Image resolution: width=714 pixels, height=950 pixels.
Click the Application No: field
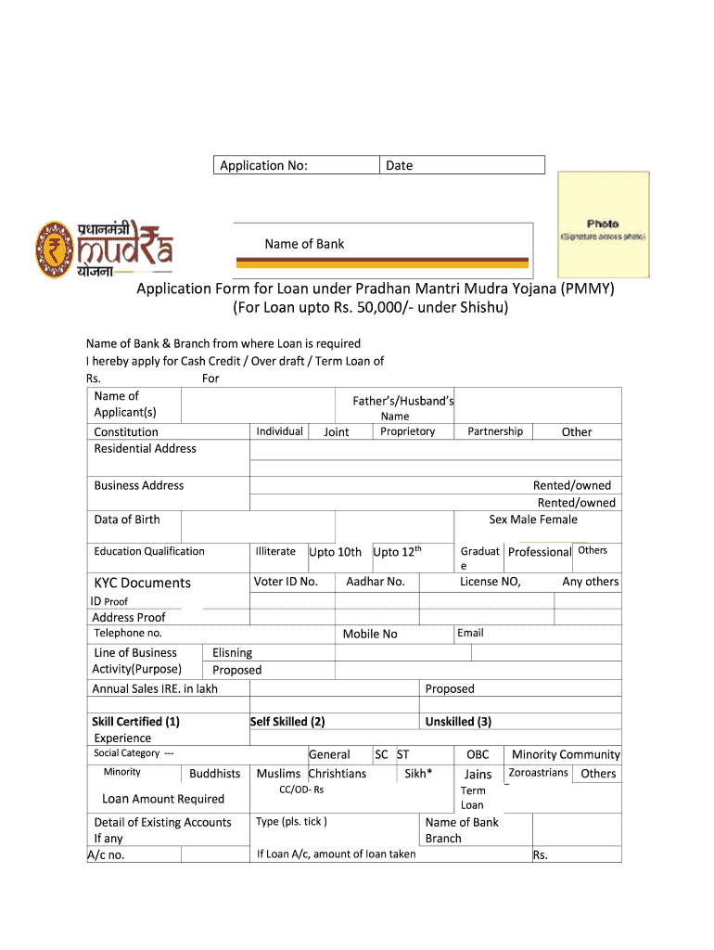tap(297, 165)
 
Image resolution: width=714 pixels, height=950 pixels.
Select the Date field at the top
tap(462, 165)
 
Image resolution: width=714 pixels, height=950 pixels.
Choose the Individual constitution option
tap(279, 431)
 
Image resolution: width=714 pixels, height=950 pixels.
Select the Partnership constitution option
tap(495, 431)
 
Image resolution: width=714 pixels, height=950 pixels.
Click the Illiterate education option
tap(275, 551)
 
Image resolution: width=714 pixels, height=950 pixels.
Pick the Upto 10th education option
tap(335, 552)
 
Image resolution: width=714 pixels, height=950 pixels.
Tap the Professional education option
tap(539, 552)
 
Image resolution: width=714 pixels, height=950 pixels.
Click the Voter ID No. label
tap(286, 582)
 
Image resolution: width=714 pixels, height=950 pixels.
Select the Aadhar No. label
tap(376, 582)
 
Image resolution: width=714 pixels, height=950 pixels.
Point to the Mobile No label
tap(370, 634)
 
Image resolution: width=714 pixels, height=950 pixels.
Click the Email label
tap(470, 633)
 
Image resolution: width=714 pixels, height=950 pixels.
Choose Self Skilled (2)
tap(287, 721)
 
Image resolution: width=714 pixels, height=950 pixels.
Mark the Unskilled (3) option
tap(458, 721)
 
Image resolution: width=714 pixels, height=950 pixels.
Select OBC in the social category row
tap(478, 754)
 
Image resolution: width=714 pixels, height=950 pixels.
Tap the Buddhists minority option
tap(215, 773)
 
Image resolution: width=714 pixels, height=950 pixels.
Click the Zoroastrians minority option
tap(539, 773)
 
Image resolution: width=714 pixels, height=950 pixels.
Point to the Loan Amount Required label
tap(163, 799)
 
